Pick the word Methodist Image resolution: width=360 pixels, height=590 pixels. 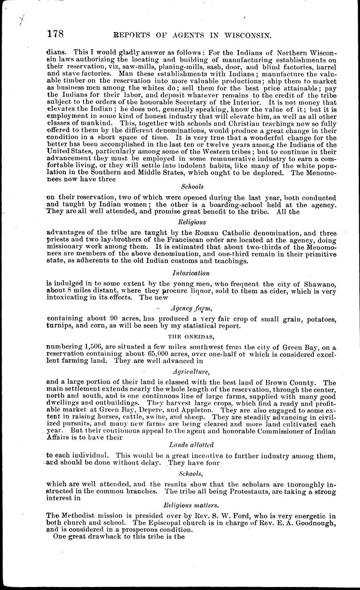(80, 514)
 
